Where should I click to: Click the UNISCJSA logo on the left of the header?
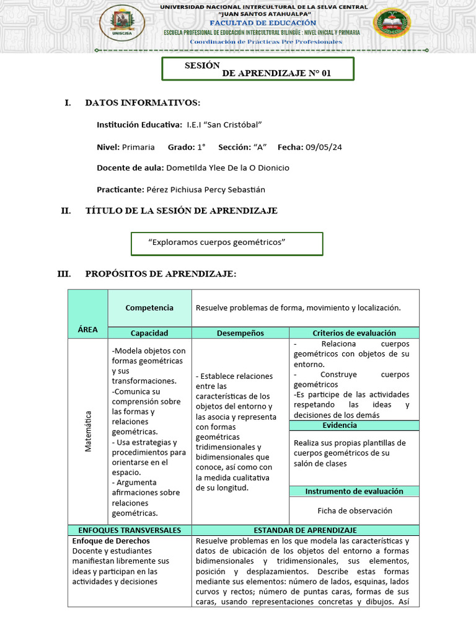pyautogui.click(x=122, y=23)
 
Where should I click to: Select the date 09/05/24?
pyautogui.click(x=324, y=147)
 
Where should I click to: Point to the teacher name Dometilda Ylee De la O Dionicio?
pyautogui.click(x=229, y=168)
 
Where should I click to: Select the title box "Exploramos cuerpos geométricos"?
pyautogui.click(x=227, y=242)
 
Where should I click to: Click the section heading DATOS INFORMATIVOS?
pyautogui.click(x=143, y=102)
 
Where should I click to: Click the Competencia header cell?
pyautogui.click(x=149, y=308)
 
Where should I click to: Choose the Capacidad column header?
pyautogui.click(x=149, y=333)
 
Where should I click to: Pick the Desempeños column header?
pyautogui.click(x=240, y=333)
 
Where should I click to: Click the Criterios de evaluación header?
pyautogui.click(x=354, y=333)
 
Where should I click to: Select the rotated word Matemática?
pyautogui.click(x=88, y=431)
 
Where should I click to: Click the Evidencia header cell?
pyautogui.click(x=340, y=425)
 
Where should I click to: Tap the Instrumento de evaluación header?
pyautogui.click(x=354, y=491)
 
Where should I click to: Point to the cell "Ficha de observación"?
pyautogui.click(x=355, y=511)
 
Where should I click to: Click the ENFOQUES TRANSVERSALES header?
pyautogui.click(x=130, y=530)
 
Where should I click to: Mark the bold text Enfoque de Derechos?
pyautogui.click(x=111, y=541)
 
